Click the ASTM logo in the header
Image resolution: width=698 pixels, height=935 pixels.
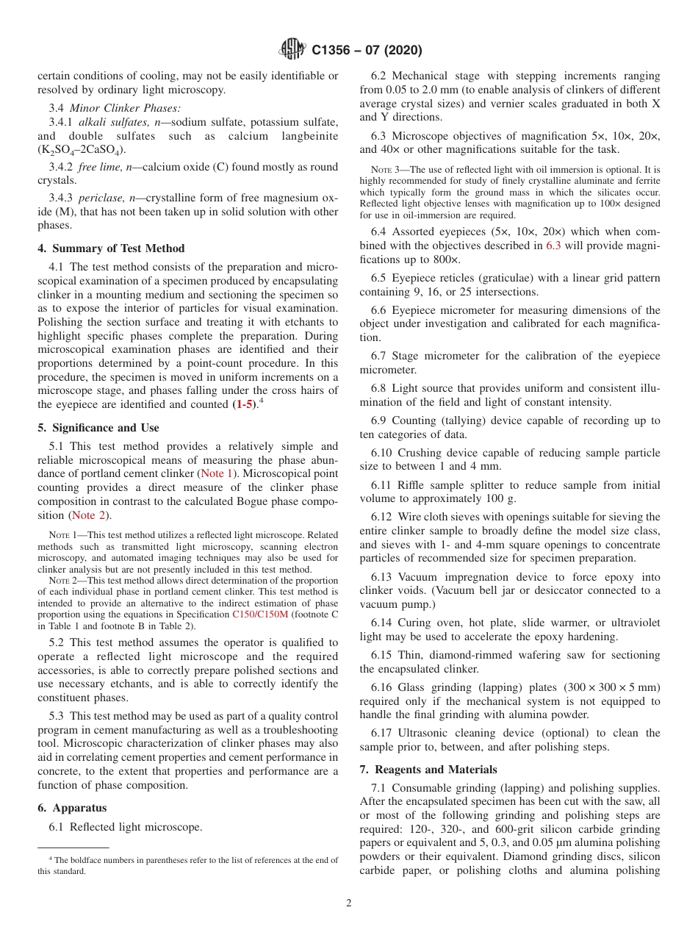292,50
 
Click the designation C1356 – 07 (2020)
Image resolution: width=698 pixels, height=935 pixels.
367,51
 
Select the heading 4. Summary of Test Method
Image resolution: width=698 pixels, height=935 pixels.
111,248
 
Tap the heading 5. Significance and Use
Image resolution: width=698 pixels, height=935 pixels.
98,428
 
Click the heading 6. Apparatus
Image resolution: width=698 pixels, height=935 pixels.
73,808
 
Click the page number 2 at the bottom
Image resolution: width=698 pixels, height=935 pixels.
349,903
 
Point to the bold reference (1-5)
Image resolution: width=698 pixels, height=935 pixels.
245,404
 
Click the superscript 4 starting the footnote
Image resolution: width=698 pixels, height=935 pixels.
51,858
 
